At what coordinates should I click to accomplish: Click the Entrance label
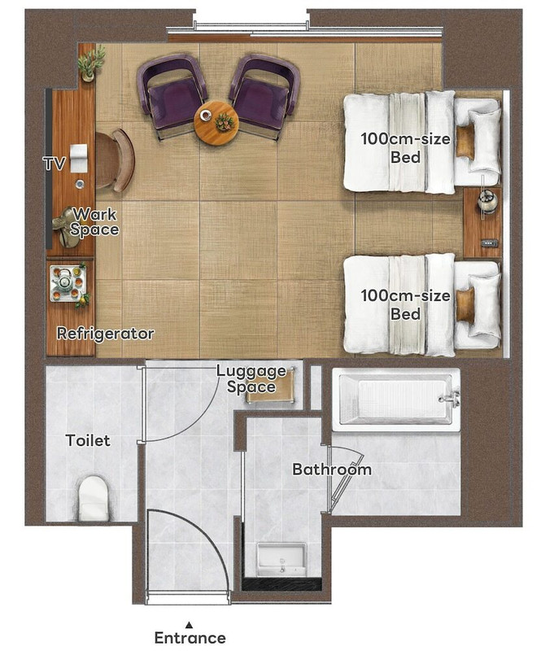[x=190, y=637]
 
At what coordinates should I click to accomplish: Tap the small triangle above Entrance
[x=190, y=623]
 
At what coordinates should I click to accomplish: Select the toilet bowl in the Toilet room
[x=94, y=498]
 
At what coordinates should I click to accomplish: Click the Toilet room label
[x=88, y=440]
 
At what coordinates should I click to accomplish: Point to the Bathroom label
[x=332, y=470]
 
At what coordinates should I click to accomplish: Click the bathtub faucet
[x=450, y=399]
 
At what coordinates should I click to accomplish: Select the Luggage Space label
[x=251, y=378]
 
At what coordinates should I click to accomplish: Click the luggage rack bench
[x=271, y=386]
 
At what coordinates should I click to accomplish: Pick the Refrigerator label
[x=105, y=334]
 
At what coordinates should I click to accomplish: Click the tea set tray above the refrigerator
[x=68, y=284]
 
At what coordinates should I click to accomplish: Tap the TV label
[x=54, y=164]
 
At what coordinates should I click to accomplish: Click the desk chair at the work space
[x=115, y=160]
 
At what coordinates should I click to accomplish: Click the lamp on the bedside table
[x=486, y=201]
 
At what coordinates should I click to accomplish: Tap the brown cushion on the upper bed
[x=465, y=141]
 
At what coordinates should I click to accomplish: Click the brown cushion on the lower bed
[x=465, y=304]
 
